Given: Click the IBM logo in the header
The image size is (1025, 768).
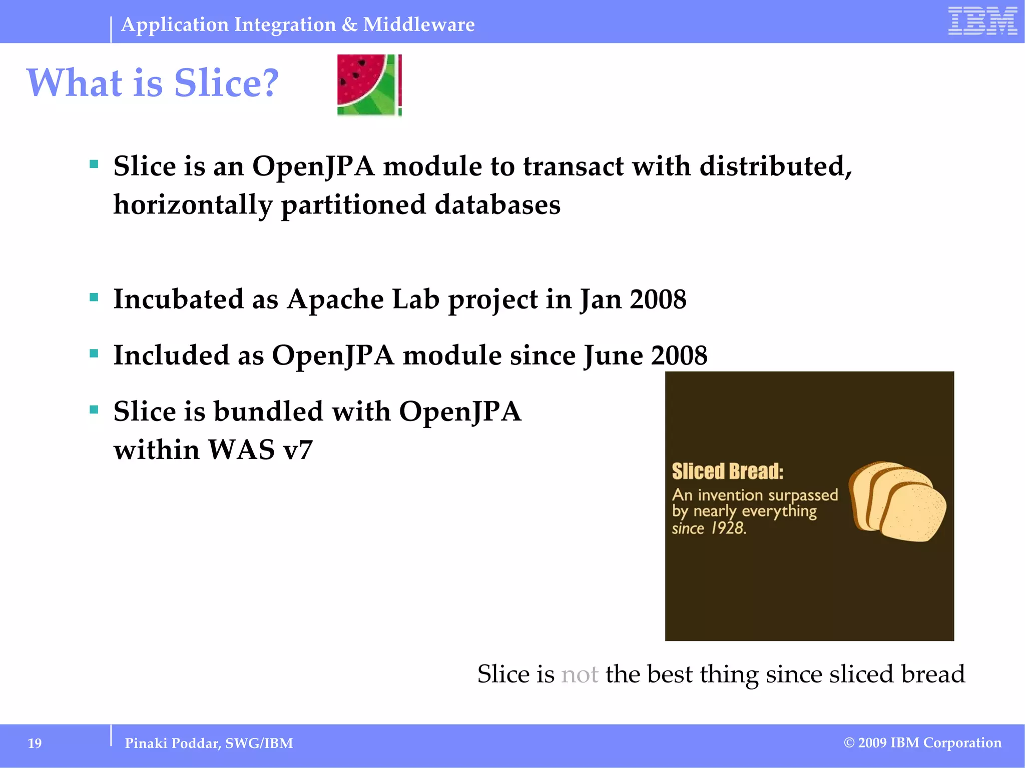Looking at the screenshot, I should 982,21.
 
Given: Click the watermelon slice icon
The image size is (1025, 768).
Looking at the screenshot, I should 369,85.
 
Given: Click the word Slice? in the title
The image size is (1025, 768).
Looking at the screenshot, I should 226,83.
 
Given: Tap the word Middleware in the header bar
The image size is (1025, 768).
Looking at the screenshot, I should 419,24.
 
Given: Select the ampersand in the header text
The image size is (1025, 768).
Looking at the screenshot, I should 349,24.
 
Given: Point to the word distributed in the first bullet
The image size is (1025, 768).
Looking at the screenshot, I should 775,166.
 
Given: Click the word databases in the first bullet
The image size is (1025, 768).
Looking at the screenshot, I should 497,205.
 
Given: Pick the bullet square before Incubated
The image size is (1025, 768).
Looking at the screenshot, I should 94,297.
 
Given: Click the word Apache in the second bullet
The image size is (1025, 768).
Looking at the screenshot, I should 335,299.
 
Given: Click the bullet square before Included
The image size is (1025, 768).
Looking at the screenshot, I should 94,353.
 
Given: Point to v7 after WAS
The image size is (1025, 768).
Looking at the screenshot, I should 298,450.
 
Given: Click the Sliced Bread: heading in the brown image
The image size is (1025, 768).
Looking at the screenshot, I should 727,471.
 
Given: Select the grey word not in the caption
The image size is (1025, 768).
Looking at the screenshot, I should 580,674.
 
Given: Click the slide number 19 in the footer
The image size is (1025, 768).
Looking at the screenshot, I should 35,743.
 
